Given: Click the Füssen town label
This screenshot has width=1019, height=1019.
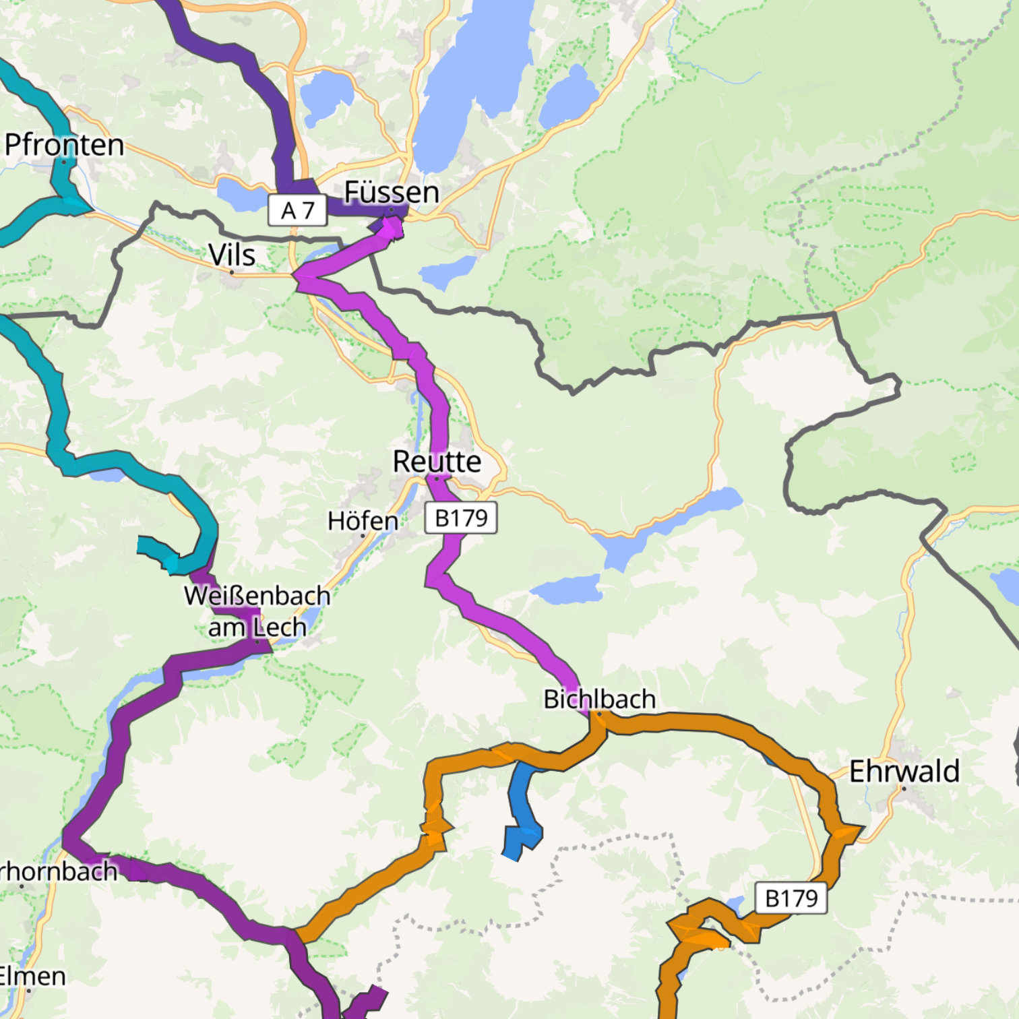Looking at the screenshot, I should [x=392, y=192].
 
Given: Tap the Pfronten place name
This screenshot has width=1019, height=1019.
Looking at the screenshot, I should [x=64, y=145].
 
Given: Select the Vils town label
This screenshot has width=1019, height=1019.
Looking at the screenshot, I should [x=232, y=255].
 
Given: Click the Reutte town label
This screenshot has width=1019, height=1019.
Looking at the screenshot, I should [x=437, y=462].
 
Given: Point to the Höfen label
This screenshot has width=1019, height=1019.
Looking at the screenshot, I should [x=363, y=521].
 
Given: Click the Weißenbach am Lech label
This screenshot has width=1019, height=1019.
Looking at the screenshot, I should [x=257, y=611].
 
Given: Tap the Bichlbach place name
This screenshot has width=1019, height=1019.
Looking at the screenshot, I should [x=599, y=699].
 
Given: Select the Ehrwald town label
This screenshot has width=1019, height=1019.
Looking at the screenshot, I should [x=904, y=771].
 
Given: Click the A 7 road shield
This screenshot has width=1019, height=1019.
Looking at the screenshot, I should [x=298, y=210].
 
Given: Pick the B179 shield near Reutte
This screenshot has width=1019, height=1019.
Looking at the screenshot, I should [x=461, y=518].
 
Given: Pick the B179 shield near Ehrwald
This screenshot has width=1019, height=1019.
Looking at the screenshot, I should [x=791, y=898].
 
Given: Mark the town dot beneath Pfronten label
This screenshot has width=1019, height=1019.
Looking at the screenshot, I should [x=64, y=162].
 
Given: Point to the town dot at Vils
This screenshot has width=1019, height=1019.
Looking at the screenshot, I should [x=232, y=272].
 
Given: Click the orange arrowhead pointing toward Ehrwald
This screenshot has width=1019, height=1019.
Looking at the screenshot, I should [x=848, y=833].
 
